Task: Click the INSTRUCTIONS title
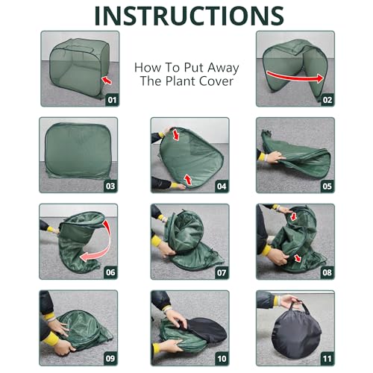coord(189,16)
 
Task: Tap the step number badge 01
coord(112,100)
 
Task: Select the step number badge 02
coord(327,100)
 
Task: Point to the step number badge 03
coord(110,186)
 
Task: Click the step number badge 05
coord(327,186)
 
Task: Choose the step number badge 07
coord(222,273)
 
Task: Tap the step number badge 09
coord(110,359)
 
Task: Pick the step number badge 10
coord(222,359)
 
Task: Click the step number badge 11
coord(327,359)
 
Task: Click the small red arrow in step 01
coord(107,81)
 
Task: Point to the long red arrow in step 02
coord(295,77)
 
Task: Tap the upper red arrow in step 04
coord(176,134)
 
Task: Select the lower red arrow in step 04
coord(188,180)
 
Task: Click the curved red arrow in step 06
coord(107,245)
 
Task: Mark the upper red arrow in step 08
coord(294,216)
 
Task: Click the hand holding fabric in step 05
coord(274,157)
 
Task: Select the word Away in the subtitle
coord(223,68)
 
